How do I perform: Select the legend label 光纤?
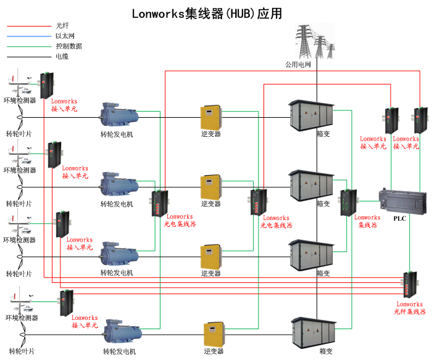62,26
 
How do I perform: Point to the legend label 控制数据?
69,46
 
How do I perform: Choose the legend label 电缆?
62,56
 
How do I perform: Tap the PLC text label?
399,218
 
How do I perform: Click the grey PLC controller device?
402,200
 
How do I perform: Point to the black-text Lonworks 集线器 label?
367,221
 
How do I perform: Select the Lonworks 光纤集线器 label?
410,308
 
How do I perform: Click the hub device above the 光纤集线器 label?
410,285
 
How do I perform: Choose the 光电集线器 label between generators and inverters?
180,221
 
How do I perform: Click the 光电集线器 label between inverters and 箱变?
276,222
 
